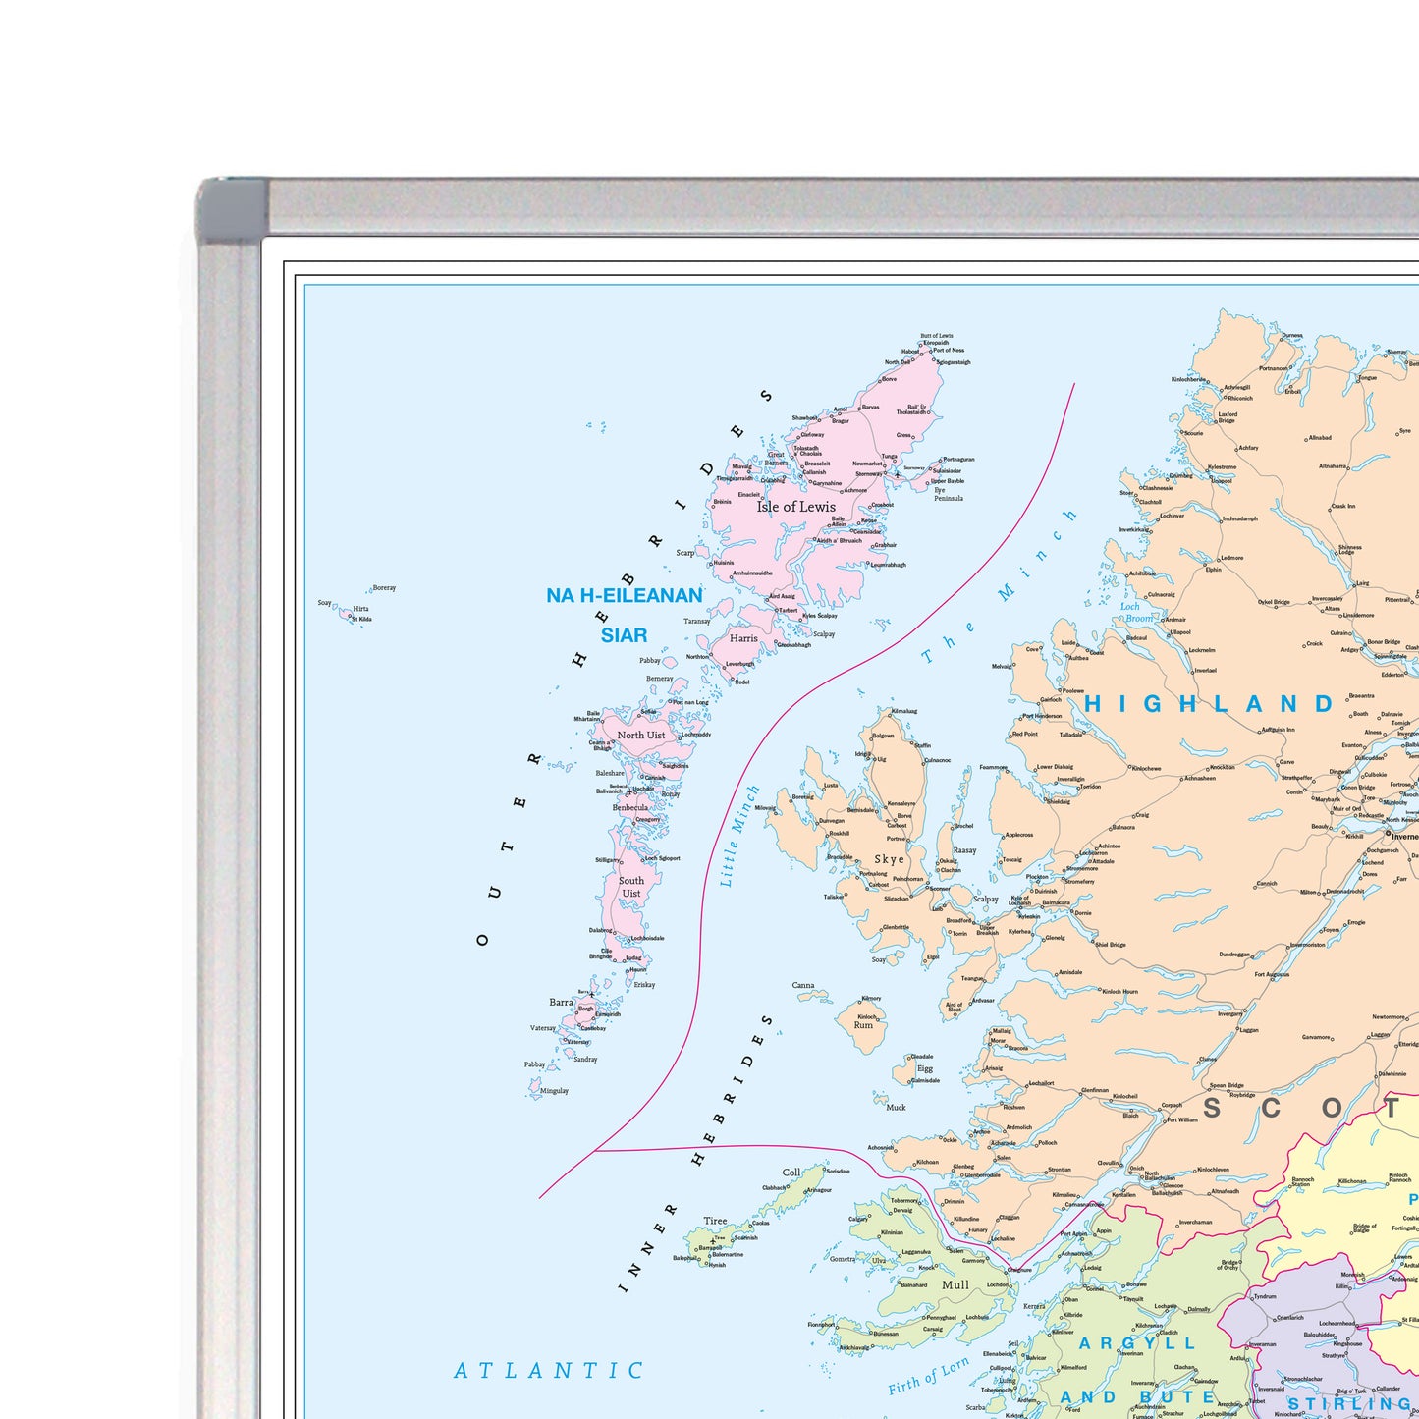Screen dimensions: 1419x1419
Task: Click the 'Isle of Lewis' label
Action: click(x=795, y=507)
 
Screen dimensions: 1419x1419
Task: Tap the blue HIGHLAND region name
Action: click(x=1209, y=704)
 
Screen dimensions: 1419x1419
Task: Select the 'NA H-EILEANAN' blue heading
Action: click(x=625, y=595)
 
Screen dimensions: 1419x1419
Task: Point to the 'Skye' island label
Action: click(x=889, y=859)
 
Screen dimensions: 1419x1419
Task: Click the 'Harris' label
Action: click(x=743, y=638)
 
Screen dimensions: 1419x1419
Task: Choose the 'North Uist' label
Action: click(x=640, y=735)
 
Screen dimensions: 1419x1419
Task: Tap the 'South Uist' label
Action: click(x=631, y=887)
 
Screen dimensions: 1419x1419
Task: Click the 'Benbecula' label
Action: click(x=630, y=808)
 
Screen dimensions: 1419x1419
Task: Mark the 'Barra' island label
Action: click(x=561, y=1003)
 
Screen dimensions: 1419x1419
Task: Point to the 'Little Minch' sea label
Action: click(x=739, y=836)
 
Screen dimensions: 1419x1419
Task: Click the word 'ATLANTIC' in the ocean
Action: click(x=549, y=1370)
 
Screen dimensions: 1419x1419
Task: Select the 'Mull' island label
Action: click(x=955, y=1284)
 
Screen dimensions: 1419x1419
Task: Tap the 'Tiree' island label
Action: click(x=715, y=1222)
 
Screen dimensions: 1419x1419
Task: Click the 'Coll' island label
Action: click(x=791, y=1173)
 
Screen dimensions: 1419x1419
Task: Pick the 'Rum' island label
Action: click(x=863, y=1025)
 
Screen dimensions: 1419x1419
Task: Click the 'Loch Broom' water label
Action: click(x=1136, y=613)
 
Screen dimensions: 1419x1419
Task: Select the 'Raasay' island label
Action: click(x=964, y=850)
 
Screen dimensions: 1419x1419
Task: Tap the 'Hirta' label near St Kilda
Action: click(x=360, y=609)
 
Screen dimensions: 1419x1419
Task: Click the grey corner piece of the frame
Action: click(x=232, y=208)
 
